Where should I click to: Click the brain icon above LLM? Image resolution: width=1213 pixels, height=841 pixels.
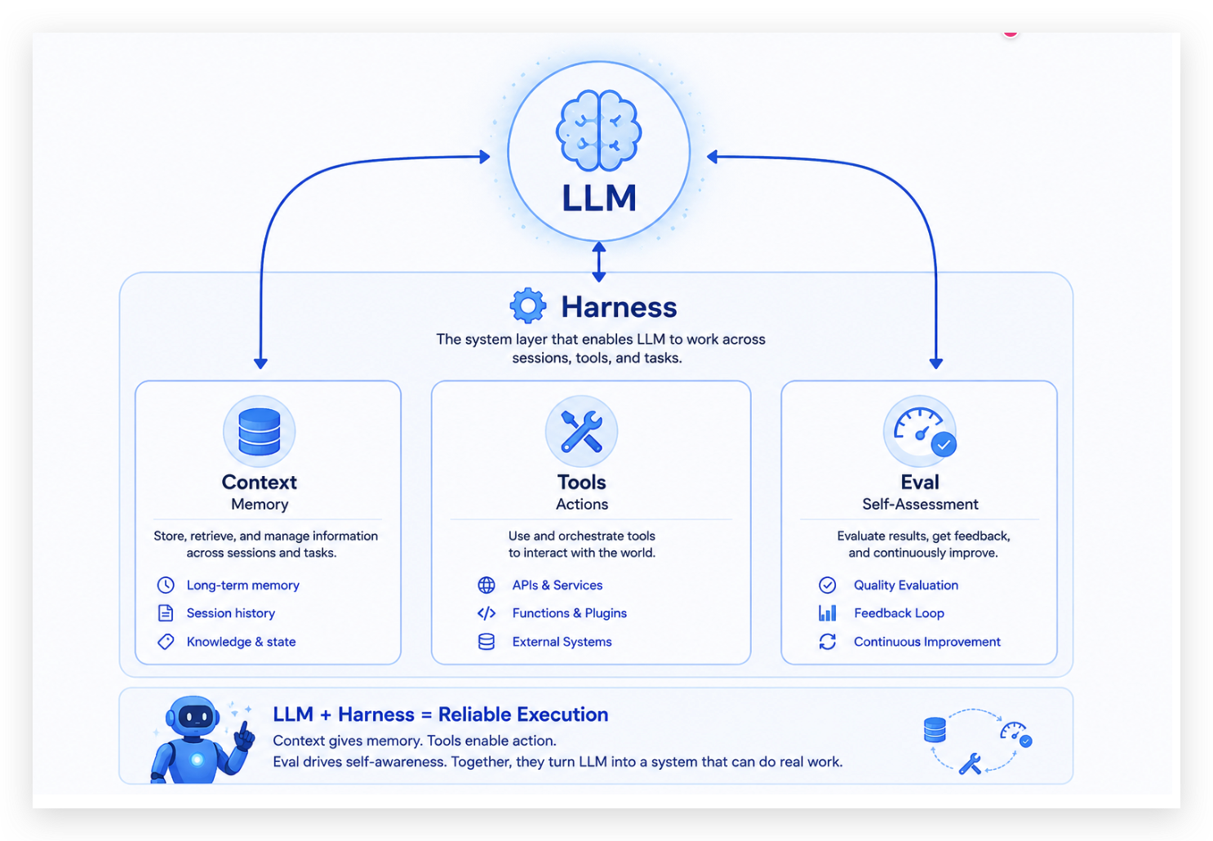click(x=598, y=131)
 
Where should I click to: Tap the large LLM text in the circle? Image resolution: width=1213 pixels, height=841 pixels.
click(x=599, y=198)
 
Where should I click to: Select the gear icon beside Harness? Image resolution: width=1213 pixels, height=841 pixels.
click(x=528, y=306)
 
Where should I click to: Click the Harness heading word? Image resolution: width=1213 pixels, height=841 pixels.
click(x=619, y=307)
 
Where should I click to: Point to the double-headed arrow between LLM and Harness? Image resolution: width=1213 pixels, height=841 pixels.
click(x=598, y=262)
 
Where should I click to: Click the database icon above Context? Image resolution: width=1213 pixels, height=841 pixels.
click(x=260, y=432)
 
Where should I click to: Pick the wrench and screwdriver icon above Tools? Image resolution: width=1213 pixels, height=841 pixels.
click(x=581, y=432)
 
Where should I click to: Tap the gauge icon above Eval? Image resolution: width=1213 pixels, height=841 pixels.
click(x=920, y=432)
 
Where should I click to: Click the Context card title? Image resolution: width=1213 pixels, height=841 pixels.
click(x=260, y=482)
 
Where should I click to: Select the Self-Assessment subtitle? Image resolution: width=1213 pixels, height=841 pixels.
click(x=920, y=505)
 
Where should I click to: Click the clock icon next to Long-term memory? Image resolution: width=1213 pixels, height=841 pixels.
click(x=166, y=585)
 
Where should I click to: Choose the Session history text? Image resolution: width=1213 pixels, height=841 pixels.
click(x=231, y=613)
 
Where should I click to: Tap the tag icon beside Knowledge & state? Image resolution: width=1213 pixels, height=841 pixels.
click(x=166, y=642)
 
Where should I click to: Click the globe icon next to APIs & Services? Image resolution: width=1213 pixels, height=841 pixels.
click(x=487, y=585)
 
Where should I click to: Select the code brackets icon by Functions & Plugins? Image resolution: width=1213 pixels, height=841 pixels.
click(x=487, y=613)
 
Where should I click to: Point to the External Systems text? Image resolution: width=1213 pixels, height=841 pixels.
click(x=562, y=642)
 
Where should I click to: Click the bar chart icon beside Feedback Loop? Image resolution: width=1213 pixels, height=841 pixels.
click(x=828, y=613)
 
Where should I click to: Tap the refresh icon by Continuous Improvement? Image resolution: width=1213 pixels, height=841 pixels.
click(x=828, y=642)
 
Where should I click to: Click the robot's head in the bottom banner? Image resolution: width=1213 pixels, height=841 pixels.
click(x=193, y=715)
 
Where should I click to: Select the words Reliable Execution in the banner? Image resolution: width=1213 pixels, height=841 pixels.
click(x=523, y=714)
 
